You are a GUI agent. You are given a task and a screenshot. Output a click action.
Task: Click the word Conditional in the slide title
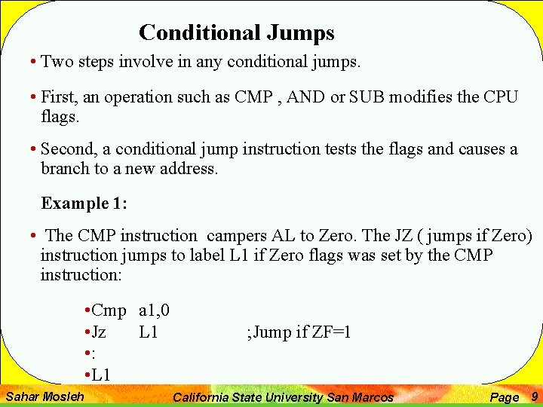[x=198, y=33]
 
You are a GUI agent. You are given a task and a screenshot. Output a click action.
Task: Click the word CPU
[x=502, y=97]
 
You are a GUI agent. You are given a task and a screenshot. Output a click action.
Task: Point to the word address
[x=189, y=168]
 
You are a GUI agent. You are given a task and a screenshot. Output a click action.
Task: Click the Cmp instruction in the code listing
[x=109, y=311]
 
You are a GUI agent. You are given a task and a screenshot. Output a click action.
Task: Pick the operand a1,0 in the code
[x=155, y=311]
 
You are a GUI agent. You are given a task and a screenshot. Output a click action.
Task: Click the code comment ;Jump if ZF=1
[x=299, y=332]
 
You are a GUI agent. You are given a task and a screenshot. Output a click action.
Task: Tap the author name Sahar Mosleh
[x=44, y=396]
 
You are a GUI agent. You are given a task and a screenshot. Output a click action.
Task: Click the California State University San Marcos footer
[x=283, y=397]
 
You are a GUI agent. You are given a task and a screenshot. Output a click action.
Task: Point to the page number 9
[x=535, y=396]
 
